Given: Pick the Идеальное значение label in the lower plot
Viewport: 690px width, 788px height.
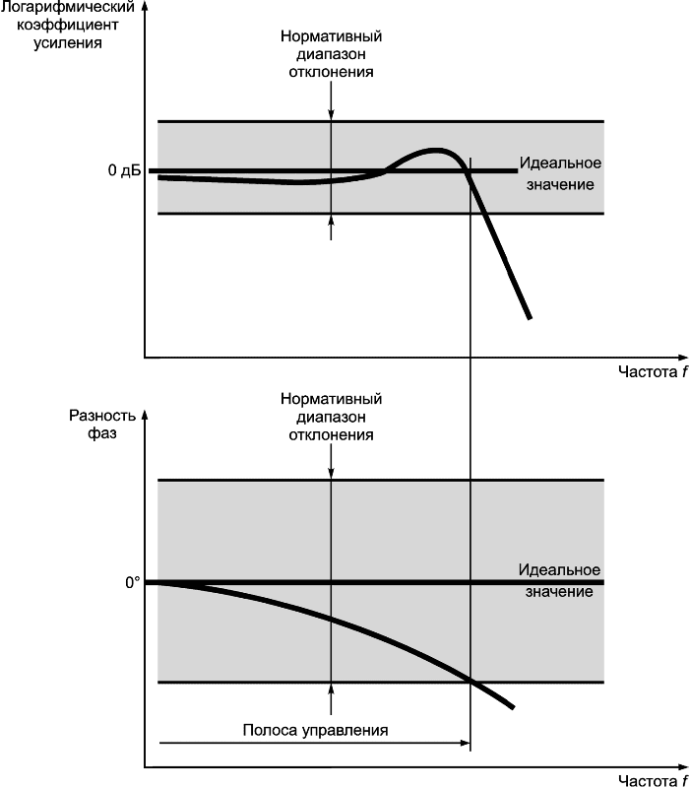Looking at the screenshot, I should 558,581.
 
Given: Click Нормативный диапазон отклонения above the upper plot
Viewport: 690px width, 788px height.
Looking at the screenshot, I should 331,54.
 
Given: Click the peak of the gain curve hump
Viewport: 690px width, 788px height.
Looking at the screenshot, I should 434,150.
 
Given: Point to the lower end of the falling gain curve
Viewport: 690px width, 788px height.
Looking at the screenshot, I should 530,317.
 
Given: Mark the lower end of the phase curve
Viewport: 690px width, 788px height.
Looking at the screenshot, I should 513,706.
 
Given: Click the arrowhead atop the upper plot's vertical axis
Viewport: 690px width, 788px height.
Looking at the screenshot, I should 146,8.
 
